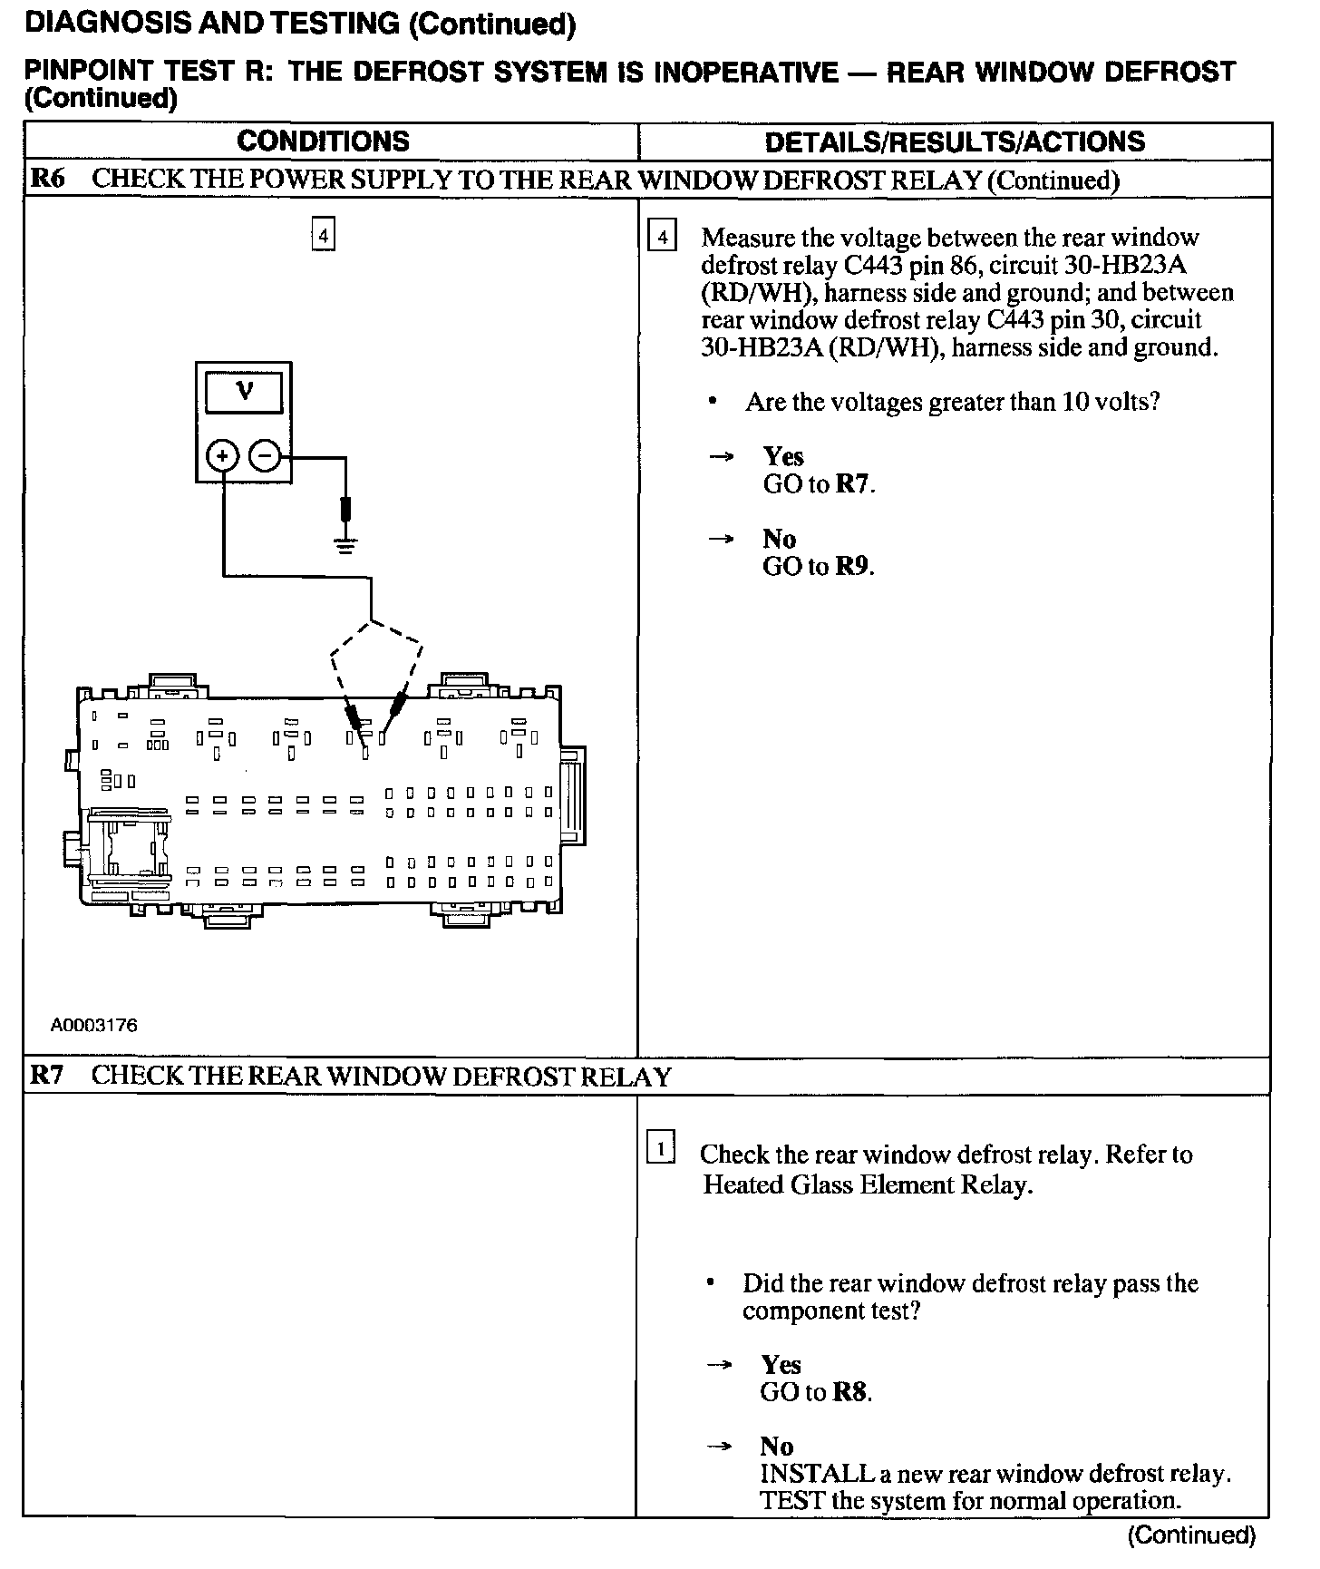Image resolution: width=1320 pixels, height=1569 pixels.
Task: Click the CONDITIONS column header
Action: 323,141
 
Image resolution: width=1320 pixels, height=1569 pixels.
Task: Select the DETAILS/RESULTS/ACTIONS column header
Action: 955,141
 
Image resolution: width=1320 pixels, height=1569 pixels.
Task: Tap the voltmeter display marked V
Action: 244,393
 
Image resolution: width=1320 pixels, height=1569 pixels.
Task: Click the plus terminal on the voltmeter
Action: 223,455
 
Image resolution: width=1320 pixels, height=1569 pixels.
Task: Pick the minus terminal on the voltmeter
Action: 265,455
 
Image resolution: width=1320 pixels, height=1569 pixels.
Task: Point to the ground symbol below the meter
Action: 345,544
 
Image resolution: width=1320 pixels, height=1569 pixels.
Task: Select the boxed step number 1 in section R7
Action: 660,1150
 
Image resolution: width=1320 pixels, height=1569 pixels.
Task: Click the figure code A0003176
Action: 94,1026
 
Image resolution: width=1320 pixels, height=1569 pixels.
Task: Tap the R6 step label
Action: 47,179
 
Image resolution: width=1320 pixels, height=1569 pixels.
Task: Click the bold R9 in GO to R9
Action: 853,567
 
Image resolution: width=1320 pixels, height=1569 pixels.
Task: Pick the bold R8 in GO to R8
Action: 850,1392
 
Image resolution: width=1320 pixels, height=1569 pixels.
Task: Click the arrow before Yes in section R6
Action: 721,457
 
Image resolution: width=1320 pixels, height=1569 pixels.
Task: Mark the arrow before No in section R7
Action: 719,1447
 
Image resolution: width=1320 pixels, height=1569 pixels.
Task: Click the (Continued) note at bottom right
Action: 1192,1535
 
